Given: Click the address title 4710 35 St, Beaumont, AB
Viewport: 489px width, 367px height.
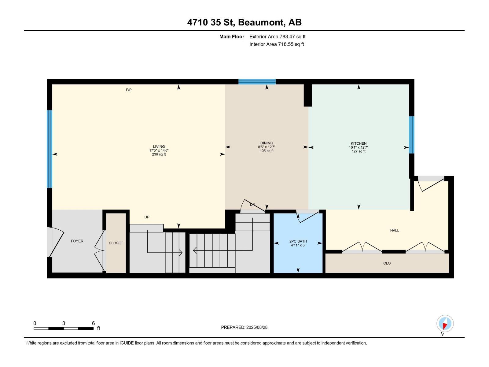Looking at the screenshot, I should point(244,22).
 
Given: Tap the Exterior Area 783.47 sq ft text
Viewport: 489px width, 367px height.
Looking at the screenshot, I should point(277,37).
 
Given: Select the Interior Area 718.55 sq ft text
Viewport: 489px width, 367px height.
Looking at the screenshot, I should point(277,44).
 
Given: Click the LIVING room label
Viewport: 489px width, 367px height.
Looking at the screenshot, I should point(159,147).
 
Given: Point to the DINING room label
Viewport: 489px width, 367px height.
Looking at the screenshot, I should point(267,143).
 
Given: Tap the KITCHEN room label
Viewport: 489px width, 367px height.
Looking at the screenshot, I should point(358,143).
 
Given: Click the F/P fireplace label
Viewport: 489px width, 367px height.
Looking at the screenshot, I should point(129,90).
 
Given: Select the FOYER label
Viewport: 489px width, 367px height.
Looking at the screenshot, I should point(77,241).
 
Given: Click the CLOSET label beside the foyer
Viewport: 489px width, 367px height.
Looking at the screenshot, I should point(116,243).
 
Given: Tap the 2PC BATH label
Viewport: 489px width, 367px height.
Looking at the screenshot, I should point(298,241).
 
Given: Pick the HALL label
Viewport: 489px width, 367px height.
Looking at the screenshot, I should point(395,231).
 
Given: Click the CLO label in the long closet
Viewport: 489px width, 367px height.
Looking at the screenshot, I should point(387,263).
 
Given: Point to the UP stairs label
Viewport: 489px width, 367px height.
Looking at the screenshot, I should point(147,217).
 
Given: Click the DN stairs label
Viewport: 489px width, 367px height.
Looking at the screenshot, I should point(252,205).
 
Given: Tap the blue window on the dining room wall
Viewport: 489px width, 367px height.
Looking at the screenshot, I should point(257,82).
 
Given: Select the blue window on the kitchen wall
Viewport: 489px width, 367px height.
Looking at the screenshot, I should point(412,135).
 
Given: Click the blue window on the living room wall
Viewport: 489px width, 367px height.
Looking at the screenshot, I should point(50,149).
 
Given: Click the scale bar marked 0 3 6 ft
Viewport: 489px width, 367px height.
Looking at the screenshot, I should point(64,328).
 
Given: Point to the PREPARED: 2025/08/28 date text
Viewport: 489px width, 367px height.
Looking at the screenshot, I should point(244,327).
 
